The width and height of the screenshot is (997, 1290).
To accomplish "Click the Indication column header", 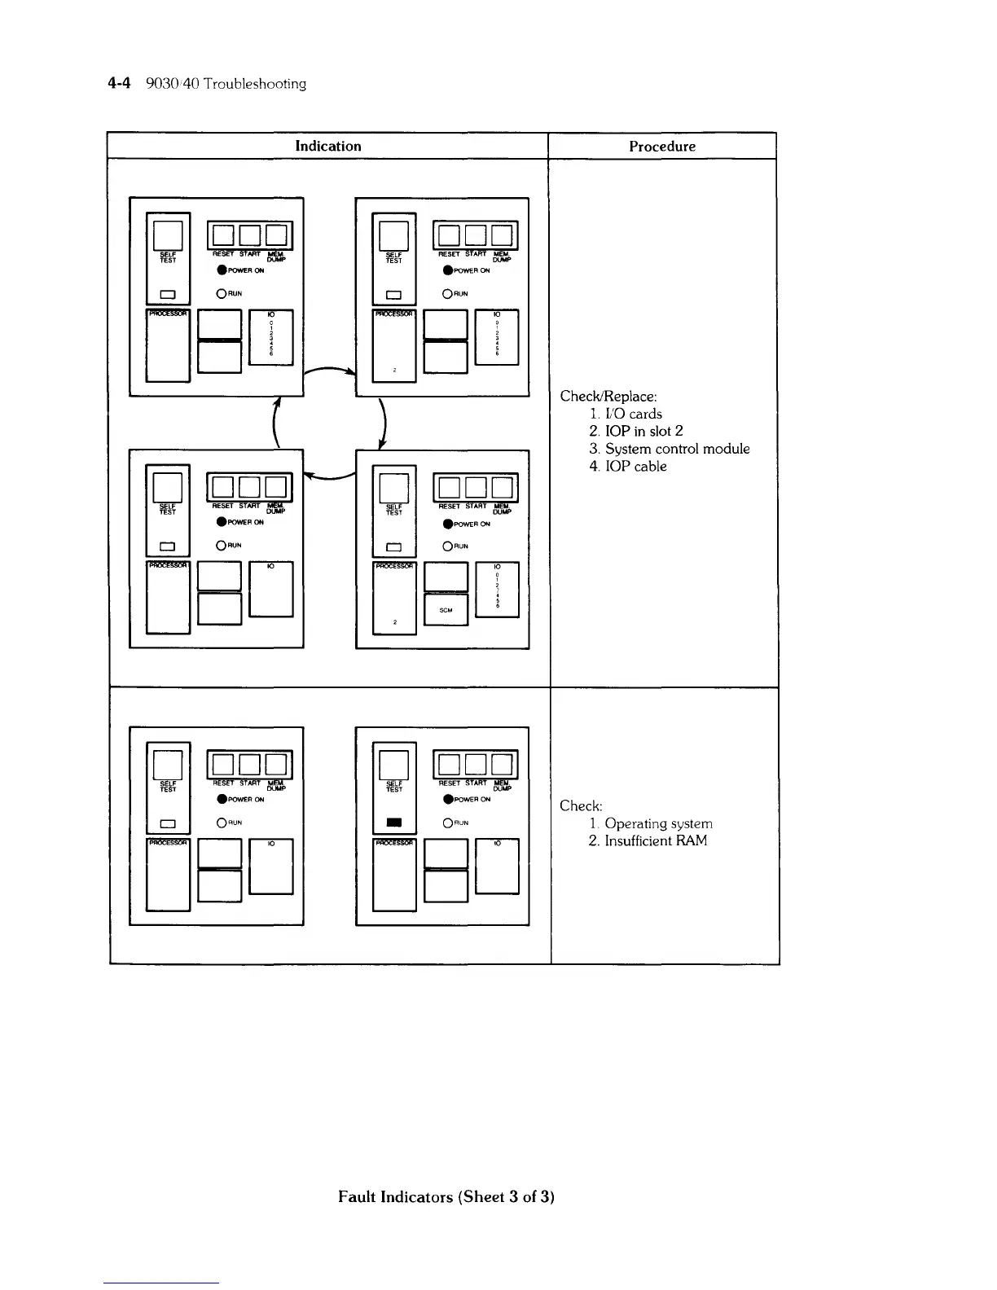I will point(327,147).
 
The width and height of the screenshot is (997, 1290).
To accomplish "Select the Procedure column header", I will point(662,147).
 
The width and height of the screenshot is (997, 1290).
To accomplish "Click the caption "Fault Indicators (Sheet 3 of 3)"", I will point(446,1197).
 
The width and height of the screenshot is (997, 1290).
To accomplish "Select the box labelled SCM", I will point(446,610).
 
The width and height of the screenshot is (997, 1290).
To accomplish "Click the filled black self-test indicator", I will point(394,823).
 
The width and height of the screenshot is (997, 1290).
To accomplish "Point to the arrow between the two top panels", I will point(329,372).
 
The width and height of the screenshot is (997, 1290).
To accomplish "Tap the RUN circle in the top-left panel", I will point(220,294).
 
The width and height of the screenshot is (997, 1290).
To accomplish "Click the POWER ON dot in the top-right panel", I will point(447,270).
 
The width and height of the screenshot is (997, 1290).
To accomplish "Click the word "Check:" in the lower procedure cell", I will point(581,806).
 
